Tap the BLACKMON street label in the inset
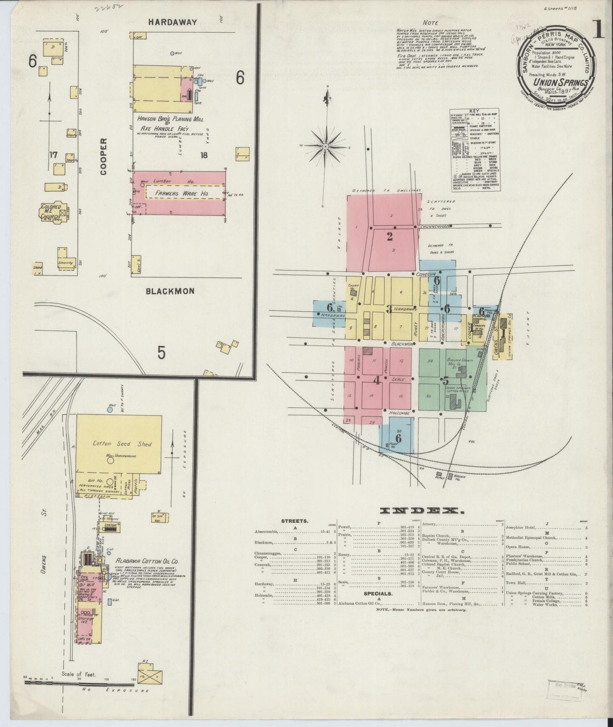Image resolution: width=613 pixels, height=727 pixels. point(170,291)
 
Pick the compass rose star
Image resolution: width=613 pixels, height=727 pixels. point(325,146)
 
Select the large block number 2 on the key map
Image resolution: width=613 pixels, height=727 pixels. point(389,237)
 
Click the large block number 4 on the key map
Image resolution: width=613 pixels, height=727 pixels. point(376,380)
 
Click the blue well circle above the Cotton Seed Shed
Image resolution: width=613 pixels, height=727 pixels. point(110,410)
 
